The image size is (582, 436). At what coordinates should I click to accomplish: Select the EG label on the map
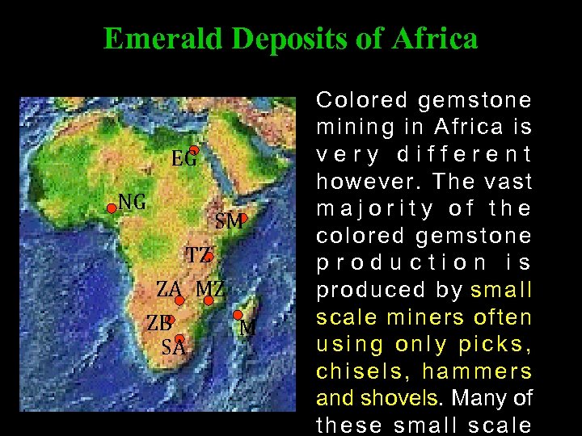(184, 159)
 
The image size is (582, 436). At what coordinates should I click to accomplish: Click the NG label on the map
(133, 202)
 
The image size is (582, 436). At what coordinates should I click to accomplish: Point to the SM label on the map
(230, 220)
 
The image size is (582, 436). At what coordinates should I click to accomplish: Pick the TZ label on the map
(198, 256)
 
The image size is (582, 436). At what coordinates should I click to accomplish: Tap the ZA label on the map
(169, 288)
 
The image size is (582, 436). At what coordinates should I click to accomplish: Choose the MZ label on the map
(210, 288)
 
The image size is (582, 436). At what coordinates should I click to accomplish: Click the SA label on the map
(174, 348)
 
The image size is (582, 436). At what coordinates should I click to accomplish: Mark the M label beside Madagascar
(248, 328)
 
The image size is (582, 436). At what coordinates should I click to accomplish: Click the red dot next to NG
(112, 208)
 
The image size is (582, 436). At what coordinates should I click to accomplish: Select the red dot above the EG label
(194, 149)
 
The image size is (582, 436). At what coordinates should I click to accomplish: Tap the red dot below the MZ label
(209, 300)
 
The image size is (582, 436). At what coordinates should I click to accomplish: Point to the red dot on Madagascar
(238, 315)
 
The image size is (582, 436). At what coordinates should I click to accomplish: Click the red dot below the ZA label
(179, 300)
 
